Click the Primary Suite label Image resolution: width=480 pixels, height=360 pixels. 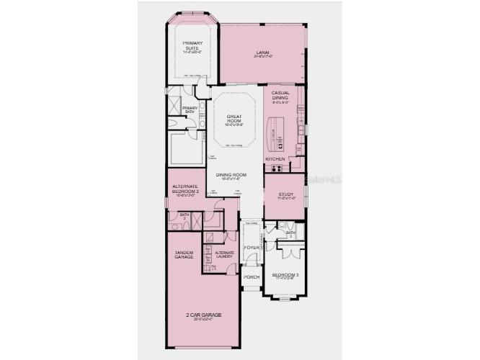coord(193,45)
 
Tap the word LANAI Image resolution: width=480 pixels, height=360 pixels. coord(262,51)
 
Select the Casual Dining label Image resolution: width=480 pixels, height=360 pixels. coord(280,95)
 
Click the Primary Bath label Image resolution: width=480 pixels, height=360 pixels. coord(190,109)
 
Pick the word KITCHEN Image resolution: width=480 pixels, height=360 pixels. coord(275,158)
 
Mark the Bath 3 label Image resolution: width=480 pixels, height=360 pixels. coord(290,234)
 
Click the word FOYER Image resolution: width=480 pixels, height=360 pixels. coord(251,248)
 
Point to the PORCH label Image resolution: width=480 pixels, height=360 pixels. coord(251,276)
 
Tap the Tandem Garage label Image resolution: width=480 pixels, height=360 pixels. coord(184,256)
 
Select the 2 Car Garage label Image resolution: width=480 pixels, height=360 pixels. coord(202,315)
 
